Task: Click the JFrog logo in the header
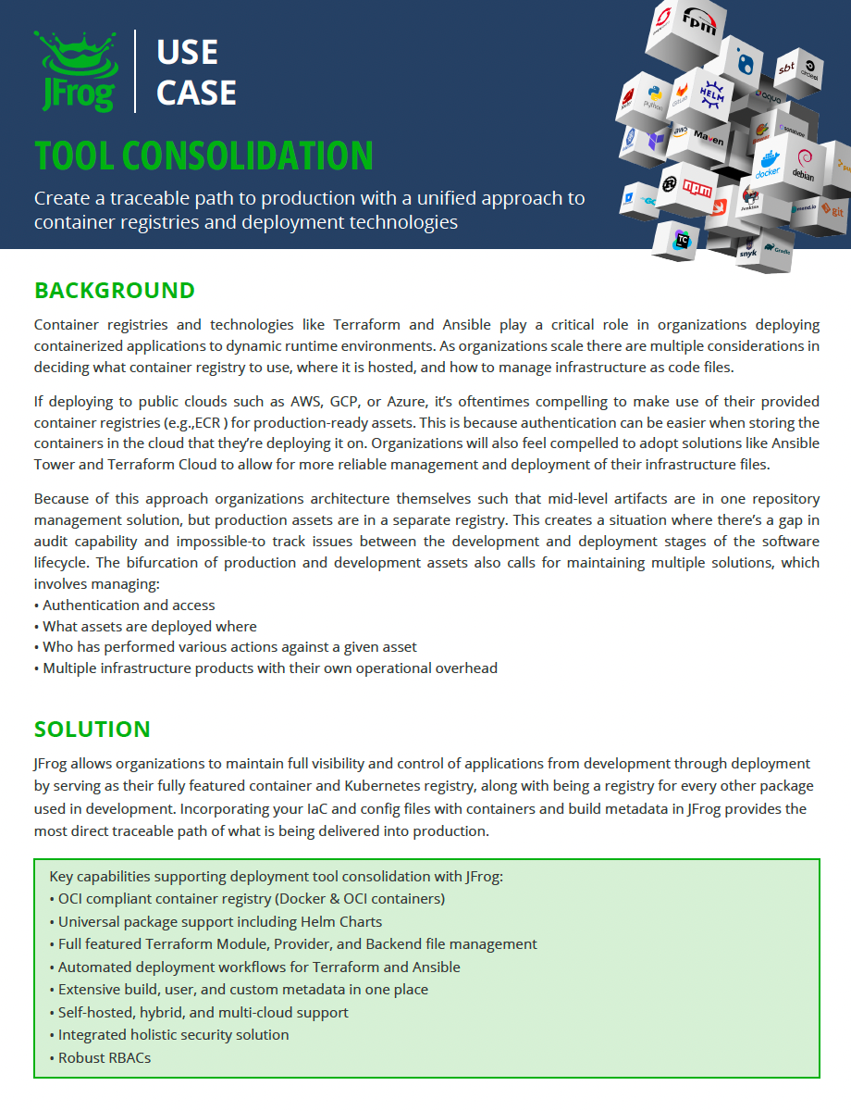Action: [76, 71]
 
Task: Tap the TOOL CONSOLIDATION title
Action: [203, 156]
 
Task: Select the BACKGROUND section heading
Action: [115, 291]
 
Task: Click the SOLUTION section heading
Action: [92, 730]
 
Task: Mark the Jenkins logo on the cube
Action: [750, 201]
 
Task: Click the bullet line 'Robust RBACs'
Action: [105, 1057]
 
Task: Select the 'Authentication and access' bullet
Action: [129, 605]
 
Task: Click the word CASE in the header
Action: [196, 93]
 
